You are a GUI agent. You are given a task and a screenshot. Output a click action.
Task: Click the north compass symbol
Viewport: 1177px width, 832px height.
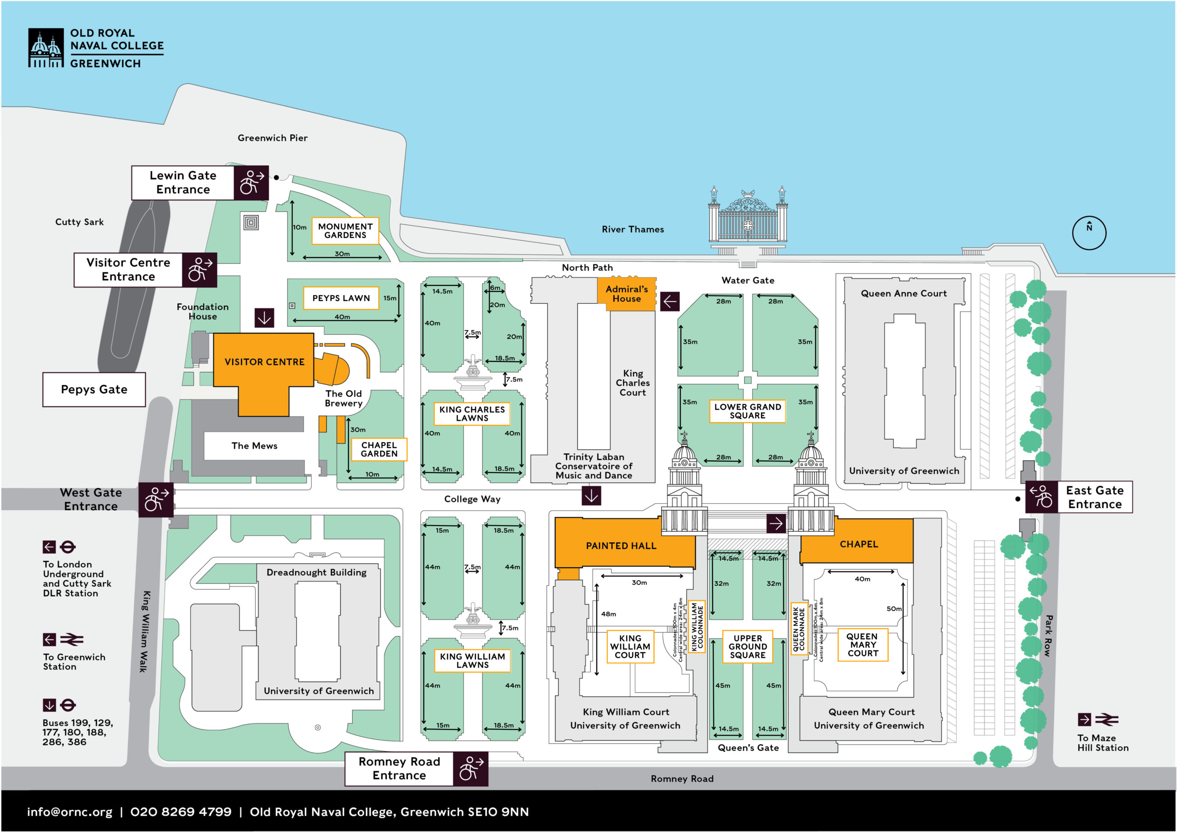pos(1089,233)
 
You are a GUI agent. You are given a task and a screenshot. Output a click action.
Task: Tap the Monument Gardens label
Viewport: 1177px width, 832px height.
pos(345,231)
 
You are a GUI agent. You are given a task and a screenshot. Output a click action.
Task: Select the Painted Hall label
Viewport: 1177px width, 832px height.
pos(621,546)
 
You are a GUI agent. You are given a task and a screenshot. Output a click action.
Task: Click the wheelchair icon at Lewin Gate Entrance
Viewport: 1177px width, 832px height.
pos(251,182)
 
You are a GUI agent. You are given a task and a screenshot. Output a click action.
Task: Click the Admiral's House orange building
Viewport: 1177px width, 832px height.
pos(627,294)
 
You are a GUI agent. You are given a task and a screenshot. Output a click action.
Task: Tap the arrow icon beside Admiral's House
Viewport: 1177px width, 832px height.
pos(669,302)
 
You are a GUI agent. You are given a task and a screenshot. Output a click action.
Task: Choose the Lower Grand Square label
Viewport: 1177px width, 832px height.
pos(747,411)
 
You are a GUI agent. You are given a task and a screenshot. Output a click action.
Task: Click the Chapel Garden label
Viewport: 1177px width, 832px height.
pos(379,449)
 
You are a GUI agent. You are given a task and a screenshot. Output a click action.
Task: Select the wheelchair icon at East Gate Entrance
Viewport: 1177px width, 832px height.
pos(1041,497)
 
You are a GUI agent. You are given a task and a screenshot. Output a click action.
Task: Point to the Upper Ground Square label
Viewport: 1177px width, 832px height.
pos(748,646)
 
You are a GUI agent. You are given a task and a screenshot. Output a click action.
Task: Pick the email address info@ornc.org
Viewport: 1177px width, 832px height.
pos(70,811)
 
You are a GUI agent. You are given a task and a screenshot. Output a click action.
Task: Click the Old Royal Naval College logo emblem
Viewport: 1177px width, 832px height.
pos(46,48)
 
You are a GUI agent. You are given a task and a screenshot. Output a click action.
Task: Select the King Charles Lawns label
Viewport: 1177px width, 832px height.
pos(472,413)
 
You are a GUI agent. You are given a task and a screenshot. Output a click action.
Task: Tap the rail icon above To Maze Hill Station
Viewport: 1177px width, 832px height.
pos(1106,719)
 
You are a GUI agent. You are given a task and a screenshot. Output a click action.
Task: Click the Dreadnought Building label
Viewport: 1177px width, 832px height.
pos(316,572)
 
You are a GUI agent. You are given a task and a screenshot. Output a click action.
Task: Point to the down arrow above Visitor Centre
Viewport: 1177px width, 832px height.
pos(264,318)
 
